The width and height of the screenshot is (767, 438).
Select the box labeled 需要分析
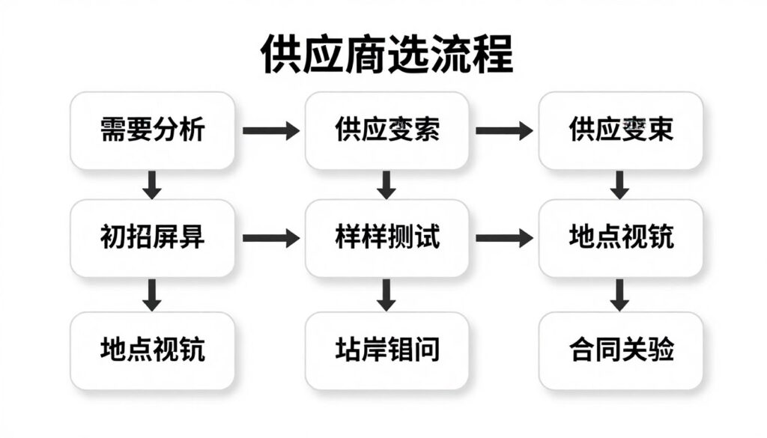[152, 130]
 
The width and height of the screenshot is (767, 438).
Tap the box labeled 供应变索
[386, 130]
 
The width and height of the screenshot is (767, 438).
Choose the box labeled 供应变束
[620, 130]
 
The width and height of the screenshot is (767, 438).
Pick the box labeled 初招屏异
[152, 238]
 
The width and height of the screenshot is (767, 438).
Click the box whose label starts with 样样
[386, 238]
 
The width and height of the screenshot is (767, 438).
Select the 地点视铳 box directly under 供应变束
[620, 238]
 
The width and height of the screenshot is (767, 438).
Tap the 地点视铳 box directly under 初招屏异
[152, 350]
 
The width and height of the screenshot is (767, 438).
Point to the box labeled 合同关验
[620, 350]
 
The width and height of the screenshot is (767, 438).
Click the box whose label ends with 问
[386, 350]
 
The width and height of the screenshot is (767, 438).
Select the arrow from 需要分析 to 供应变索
[270, 130]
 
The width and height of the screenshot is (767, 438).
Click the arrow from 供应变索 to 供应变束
[504, 130]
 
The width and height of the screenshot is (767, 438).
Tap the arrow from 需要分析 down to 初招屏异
[152, 184]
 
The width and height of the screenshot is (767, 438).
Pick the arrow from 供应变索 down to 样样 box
[386, 184]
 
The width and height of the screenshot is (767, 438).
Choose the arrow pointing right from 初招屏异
[270, 238]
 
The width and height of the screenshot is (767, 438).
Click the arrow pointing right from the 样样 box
[504, 238]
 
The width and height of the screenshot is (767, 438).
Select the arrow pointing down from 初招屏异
[152, 294]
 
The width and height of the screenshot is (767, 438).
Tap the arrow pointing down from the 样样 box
[386, 294]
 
